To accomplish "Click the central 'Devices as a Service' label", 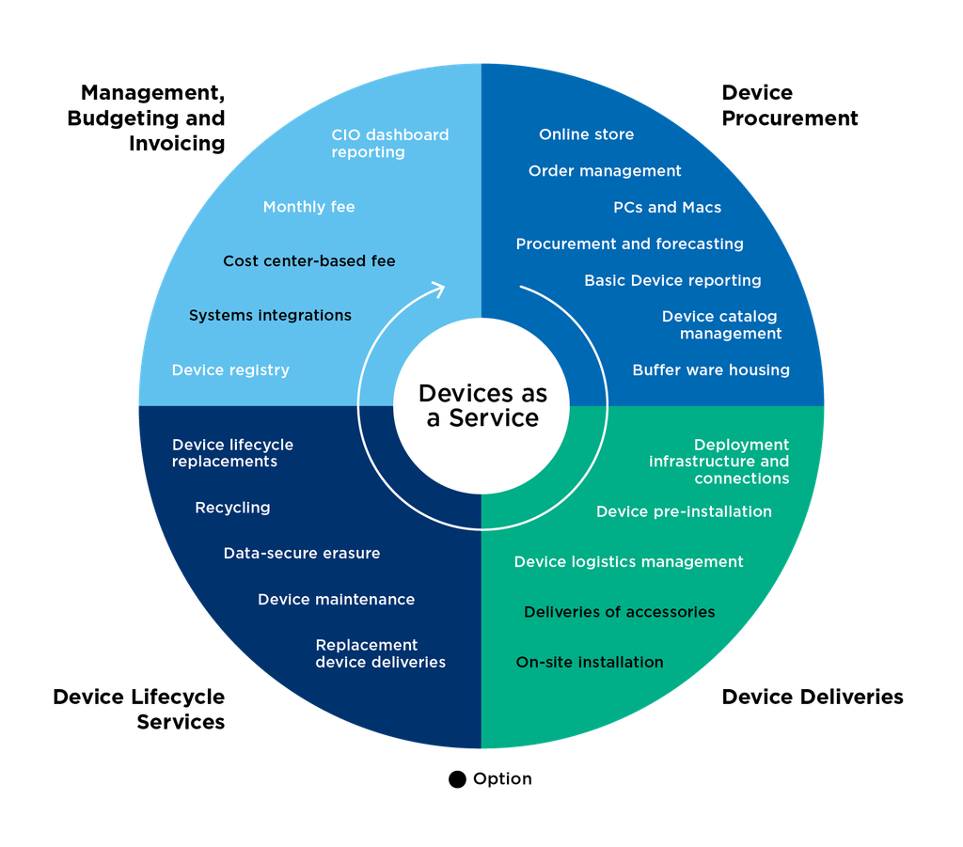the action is pos(482,405).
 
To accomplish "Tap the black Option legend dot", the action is pos(457,779).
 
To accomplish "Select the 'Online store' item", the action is pos(587,134).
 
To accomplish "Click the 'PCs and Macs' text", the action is pos(667,208).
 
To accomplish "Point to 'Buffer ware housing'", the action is pos(711,370).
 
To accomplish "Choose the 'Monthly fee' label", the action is pos(308,207).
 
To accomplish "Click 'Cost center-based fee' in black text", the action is pos(308,260).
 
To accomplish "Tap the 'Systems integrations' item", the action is pos(270,316).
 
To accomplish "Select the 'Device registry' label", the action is pos(230,370).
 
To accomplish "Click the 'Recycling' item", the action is pos(232,508).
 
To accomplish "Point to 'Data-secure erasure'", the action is pos(302,553).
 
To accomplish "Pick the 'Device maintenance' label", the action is pos(336,599).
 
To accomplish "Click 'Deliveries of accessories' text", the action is pos(619,612).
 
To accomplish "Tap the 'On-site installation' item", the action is pos(590,662).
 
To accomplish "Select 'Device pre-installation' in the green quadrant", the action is pos(684,511).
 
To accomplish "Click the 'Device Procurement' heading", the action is pos(789,105).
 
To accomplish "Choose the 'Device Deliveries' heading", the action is pos(812,697).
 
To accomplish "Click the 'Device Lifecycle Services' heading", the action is pos(139,710).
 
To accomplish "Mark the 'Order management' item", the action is pos(605,171).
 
